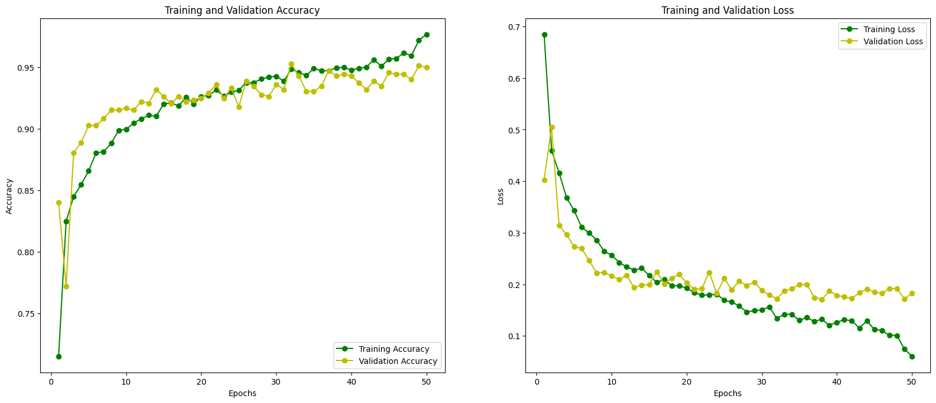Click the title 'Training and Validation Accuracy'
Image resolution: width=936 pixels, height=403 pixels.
[x=242, y=10]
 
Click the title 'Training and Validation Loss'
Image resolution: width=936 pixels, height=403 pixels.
[x=728, y=10]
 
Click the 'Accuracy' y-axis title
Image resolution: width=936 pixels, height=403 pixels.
[x=9, y=196]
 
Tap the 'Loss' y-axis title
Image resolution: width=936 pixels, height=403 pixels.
[x=501, y=196]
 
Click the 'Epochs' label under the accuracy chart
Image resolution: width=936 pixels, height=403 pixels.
[x=242, y=394]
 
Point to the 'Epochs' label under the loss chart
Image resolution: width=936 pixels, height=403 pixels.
[x=728, y=394]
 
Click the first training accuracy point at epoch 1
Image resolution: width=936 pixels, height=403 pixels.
[x=59, y=356]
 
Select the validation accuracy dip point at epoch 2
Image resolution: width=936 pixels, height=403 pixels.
[x=66, y=286]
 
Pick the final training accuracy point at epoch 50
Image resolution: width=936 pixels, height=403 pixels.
[x=427, y=34]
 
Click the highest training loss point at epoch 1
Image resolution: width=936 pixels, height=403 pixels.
[x=544, y=34]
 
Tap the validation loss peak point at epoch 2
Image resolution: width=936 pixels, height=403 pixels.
[x=552, y=127]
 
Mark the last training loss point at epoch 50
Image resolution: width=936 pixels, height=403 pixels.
[x=912, y=356]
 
